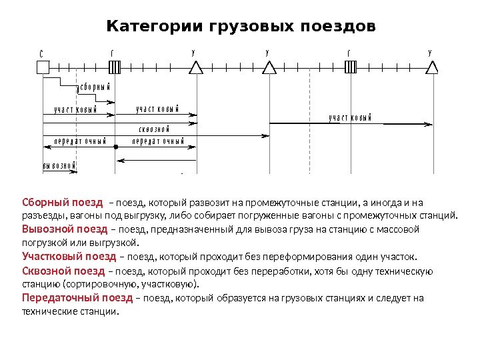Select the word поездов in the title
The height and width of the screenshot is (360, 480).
pos(333,27)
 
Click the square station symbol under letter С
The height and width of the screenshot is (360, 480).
pos(43,67)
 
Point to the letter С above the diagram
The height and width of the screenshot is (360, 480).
pos(41,51)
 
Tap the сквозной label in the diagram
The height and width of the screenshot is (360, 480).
pos(154,128)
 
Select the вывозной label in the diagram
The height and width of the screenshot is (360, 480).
pos(59,165)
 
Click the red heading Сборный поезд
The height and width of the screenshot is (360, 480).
pos(63,202)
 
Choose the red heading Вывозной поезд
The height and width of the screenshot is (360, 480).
pos(65,229)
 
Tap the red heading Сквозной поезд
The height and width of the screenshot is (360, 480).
pos(63,271)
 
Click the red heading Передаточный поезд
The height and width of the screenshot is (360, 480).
pos(77,298)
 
